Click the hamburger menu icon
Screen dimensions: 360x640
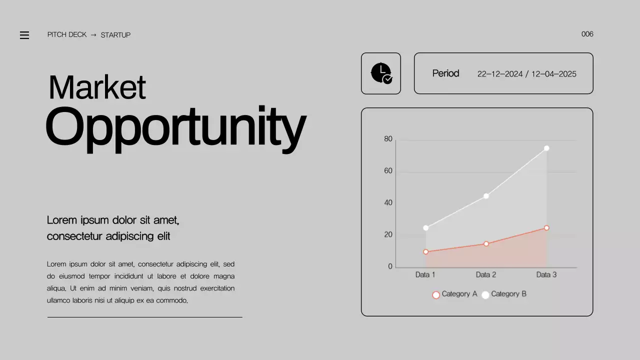click(24, 35)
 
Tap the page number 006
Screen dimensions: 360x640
click(587, 34)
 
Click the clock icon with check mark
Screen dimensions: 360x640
click(381, 73)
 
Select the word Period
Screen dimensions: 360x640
click(445, 73)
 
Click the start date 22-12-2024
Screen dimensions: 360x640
click(499, 74)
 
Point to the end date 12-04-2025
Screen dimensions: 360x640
click(553, 74)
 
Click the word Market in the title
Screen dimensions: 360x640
click(97, 87)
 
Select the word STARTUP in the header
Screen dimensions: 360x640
click(115, 35)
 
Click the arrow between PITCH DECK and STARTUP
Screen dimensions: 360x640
click(93, 35)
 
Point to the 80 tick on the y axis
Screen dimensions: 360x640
click(388, 139)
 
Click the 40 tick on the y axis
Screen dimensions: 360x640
click(388, 202)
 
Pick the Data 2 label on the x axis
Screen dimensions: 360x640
click(486, 274)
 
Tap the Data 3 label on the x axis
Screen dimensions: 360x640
click(546, 274)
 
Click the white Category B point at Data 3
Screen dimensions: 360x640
click(546, 148)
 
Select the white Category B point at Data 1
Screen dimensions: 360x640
click(426, 228)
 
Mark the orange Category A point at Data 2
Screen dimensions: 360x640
click(486, 244)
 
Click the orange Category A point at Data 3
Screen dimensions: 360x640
click(546, 228)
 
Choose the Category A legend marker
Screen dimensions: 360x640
click(436, 295)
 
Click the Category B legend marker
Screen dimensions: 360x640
click(485, 295)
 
